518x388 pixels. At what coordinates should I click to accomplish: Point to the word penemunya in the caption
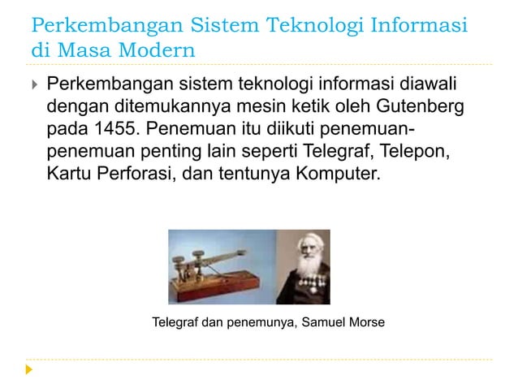click(261, 323)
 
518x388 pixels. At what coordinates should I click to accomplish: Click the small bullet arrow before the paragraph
click(32, 84)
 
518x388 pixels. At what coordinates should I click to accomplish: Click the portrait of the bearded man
click(303, 267)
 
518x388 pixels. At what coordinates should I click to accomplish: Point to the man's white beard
click(304, 280)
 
